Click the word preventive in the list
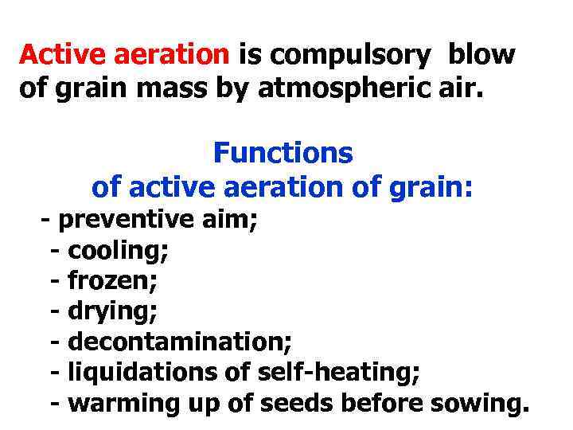coord(127,220)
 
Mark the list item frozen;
coord(113,280)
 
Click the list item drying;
coord(111,311)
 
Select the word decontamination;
coord(180,342)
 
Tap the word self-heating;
coord(345,373)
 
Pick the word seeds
coord(295,403)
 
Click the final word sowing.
coord(478,404)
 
